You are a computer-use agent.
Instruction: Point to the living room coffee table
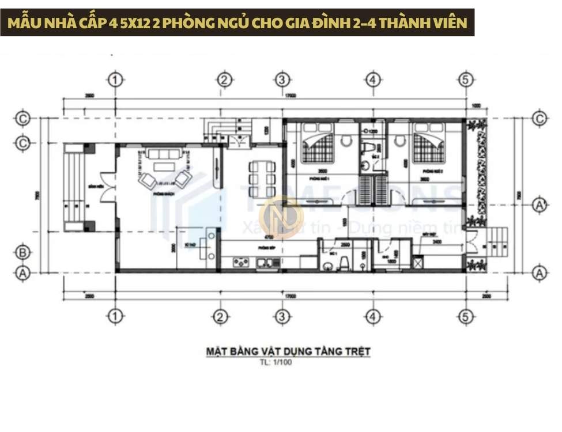(164, 167)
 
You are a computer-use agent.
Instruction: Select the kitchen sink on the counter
(270, 263)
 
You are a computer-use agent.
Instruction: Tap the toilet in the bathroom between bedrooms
(365, 149)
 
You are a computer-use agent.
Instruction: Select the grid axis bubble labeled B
(22, 251)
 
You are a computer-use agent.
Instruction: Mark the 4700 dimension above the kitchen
(268, 236)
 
